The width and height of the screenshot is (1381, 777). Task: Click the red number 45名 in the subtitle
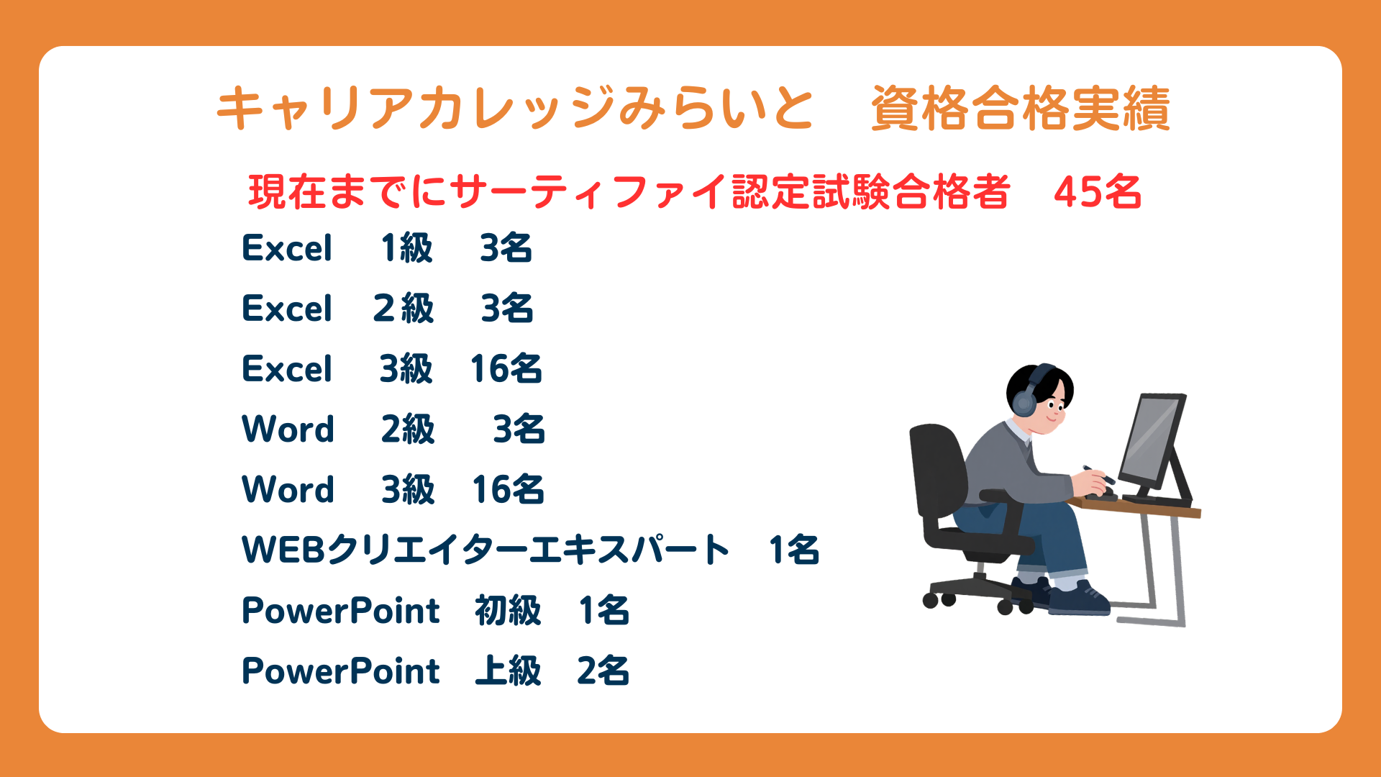point(1098,192)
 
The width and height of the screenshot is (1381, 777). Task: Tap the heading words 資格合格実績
point(1021,109)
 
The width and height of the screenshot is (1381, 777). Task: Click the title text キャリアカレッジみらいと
point(515,109)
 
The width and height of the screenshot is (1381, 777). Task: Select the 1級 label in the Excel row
point(407,248)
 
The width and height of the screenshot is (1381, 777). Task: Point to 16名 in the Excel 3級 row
point(506,369)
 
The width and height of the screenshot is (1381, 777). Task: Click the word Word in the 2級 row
point(288,430)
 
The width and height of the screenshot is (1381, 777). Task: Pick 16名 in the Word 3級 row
point(508,490)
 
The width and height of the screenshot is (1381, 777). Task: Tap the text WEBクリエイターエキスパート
point(486,550)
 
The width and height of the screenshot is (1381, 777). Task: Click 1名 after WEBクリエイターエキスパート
point(794,550)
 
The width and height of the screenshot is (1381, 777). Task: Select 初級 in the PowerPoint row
point(508,611)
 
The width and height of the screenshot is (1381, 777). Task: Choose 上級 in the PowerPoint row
point(508,671)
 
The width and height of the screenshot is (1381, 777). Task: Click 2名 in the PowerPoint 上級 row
point(603,671)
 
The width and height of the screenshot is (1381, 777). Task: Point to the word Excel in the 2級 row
point(287,309)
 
